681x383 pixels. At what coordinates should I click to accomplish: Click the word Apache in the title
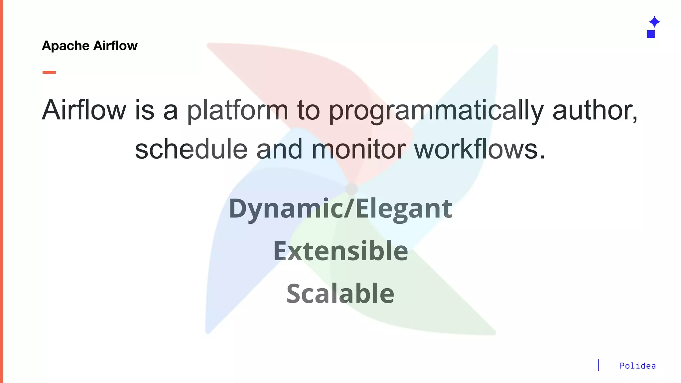(x=66, y=46)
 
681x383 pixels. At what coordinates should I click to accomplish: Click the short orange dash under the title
(x=49, y=72)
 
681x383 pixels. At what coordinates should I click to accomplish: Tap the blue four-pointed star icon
(x=654, y=22)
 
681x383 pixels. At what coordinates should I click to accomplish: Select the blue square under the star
(x=650, y=34)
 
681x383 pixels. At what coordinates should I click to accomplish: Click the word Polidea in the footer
(x=637, y=366)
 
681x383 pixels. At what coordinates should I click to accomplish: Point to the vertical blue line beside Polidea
(x=599, y=365)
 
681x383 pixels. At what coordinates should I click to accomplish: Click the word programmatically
(x=436, y=111)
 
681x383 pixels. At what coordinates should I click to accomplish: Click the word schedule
(x=191, y=149)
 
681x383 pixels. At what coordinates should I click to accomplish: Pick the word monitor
(x=358, y=149)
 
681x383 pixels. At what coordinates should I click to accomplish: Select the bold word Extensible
(x=340, y=251)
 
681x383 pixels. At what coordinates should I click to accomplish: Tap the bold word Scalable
(x=340, y=294)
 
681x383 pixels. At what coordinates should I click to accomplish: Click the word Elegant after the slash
(x=404, y=209)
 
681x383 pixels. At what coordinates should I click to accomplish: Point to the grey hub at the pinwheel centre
(x=351, y=189)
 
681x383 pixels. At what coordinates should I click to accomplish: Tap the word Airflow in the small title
(x=115, y=46)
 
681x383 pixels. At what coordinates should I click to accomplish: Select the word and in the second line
(x=279, y=149)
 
